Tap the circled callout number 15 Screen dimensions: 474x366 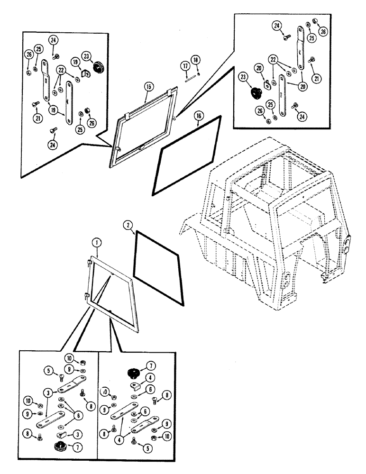[x=149, y=87]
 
